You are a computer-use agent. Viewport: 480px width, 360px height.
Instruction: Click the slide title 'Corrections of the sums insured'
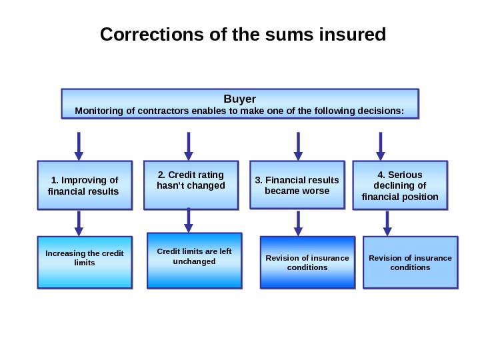tap(243, 34)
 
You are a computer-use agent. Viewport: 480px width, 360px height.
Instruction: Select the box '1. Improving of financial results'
tap(84, 185)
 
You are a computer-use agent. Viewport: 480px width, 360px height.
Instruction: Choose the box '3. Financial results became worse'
tap(297, 185)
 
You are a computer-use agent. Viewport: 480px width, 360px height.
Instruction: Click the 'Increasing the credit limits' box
tap(85, 262)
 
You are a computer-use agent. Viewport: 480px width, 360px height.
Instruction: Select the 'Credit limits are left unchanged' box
tap(194, 261)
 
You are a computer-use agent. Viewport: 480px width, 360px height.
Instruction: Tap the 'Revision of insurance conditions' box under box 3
tap(307, 262)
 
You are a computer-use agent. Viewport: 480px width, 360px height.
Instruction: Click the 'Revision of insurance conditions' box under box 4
tap(410, 262)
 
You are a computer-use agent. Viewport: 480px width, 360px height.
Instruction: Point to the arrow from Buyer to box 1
tap(79, 146)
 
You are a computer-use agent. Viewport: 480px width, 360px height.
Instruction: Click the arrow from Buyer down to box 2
tap(188, 146)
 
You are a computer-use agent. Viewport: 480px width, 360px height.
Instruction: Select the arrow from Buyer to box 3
tap(297, 146)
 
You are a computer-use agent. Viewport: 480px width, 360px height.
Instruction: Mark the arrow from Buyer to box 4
tap(381, 146)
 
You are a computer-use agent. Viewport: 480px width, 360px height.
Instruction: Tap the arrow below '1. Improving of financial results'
tap(79, 223)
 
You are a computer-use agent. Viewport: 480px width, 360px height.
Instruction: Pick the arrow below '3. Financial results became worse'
tap(298, 223)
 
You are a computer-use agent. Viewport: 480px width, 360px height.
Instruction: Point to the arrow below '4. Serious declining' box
tap(387, 223)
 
